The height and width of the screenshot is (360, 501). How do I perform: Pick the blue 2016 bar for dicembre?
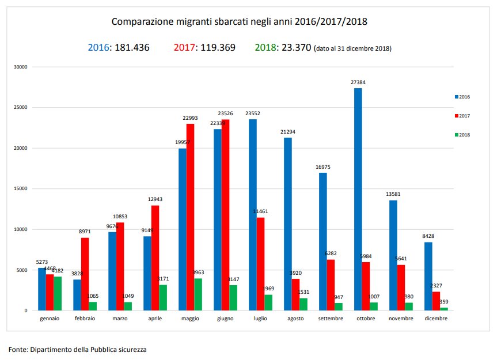coord(428,276)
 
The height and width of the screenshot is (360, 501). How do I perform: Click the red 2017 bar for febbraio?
coord(85,274)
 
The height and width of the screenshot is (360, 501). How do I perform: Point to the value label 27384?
coord(358,82)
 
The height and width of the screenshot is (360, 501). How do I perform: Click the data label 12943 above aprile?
coord(155,200)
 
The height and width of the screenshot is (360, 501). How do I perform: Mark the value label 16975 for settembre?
coord(323,167)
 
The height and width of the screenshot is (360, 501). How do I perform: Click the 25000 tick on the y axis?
coord(20,108)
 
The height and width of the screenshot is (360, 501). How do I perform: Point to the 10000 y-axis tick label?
coord(20,229)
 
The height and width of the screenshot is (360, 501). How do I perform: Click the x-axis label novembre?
coord(401,318)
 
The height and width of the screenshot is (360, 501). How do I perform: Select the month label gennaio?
coord(50,318)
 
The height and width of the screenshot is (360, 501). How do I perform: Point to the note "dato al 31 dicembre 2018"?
coord(352,49)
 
